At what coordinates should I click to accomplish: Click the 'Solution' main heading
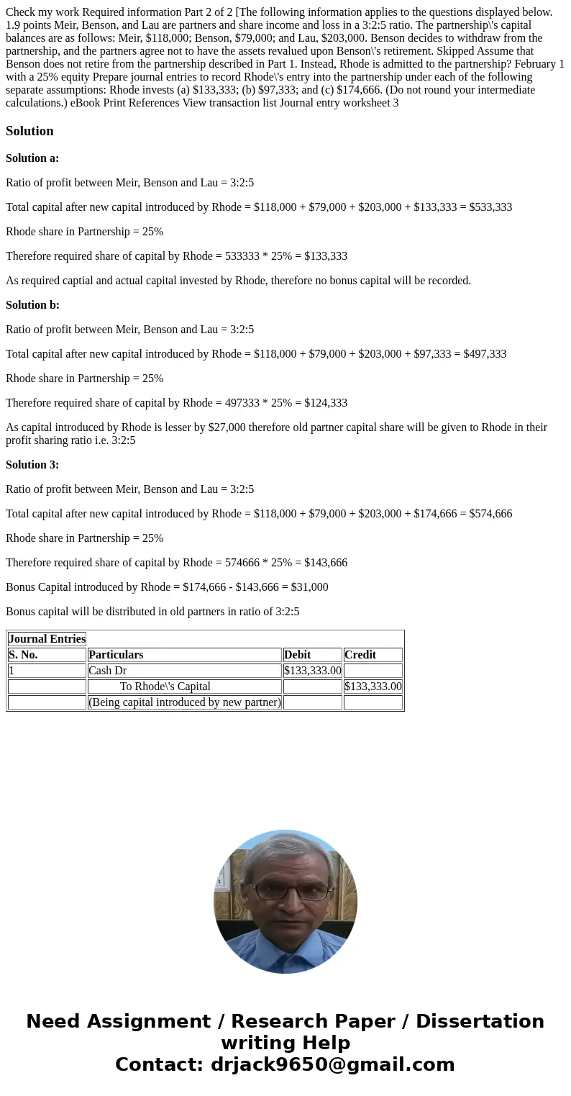pos(29,131)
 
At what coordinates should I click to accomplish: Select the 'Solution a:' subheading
pos(32,158)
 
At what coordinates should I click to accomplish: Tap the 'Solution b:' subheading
pos(32,305)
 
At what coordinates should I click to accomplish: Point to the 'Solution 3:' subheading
pos(32,465)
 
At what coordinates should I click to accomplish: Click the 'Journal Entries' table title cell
pos(47,639)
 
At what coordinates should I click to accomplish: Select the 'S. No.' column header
pos(23,655)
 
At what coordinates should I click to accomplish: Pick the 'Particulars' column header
pos(116,655)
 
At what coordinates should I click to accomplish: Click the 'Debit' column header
pos(298,655)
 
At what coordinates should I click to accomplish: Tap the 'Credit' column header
pos(360,655)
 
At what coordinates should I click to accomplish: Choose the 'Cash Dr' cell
pos(107,671)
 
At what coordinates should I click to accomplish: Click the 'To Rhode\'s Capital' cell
pos(165,687)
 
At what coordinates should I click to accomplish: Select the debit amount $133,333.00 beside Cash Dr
pos(313,671)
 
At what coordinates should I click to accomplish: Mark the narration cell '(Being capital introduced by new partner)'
pos(184,702)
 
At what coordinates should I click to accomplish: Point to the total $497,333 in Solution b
pos(485,354)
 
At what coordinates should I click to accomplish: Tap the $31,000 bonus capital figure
pos(309,587)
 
